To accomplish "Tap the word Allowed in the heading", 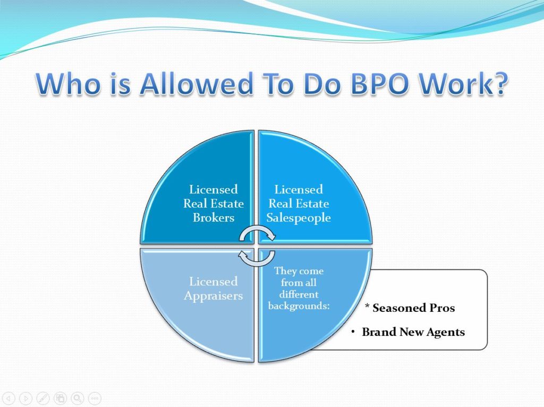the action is click(x=196, y=83).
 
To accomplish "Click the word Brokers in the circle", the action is click(x=214, y=217).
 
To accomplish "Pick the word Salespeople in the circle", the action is click(x=299, y=218).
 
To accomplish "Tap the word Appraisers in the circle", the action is click(x=214, y=296).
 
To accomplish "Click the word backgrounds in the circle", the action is click(x=297, y=306).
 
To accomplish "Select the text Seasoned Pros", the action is click(x=413, y=308).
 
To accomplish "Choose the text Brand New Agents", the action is click(x=413, y=332).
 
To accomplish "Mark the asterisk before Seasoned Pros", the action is click(x=367, y=306).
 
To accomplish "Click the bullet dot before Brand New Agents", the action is click(x=353, y=332).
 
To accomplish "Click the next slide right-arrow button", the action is click(x=25, y=398).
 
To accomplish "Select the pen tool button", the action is click(x=43, y=398).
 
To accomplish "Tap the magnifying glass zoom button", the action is click(x=78, y=398).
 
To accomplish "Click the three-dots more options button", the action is click(x=95, y=398).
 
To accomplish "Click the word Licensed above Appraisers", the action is click(x=214, y=281).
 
